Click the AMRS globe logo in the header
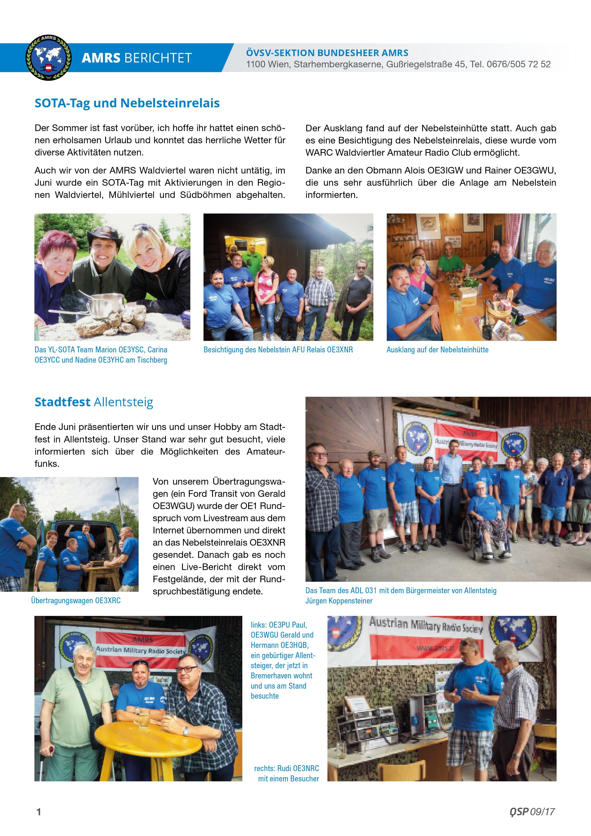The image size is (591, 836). click(x=48, y=58)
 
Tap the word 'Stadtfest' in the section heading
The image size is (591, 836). click(x=62, y=402)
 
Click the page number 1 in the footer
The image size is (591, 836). click(x=39, y=812)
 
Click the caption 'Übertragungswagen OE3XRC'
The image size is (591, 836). click(x=76, y=601)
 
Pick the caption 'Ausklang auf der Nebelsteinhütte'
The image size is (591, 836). click(x=437, y=350)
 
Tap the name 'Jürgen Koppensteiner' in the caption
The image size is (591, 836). click(x=339, y=601)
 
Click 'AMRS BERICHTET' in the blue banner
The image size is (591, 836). click(x=137, y=58)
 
